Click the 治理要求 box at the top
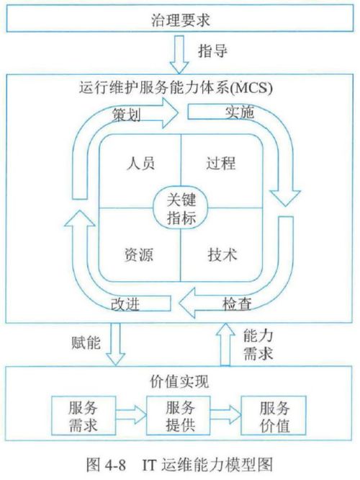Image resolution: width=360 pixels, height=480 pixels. (x=180, y=18)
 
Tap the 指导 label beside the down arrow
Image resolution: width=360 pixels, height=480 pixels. (x=213, y=50)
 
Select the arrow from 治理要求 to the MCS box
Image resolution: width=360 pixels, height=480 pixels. (x=179, y=55)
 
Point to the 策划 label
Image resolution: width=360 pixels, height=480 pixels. (x=126, y=115)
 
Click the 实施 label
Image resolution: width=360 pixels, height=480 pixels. (x=240, y=112)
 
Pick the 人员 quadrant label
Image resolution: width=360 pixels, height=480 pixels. (x=140, y=163)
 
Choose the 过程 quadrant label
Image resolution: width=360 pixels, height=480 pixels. (x=221, y=163)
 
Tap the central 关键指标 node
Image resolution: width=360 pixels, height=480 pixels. (x=181, y=208)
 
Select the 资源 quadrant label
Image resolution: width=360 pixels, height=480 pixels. (x=138, y=254)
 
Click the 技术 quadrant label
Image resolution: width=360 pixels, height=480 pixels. (x=222, y=254)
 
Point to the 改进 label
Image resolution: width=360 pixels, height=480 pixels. (x=125, y=304)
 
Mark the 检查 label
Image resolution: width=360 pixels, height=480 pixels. (x=237, y=304)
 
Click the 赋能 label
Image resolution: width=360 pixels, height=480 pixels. (x=86, y=342)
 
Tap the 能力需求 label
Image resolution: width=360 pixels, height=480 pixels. (x=258, y=345)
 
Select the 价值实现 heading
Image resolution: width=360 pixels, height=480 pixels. (x=179, y=381)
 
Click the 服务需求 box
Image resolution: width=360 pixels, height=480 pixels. (x=84, y=415)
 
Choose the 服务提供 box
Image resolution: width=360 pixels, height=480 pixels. (x=179, y=415)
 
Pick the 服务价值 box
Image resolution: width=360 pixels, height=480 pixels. (x=274, y=415)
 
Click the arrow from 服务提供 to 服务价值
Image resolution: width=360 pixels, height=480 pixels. (x=226, y=415)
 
